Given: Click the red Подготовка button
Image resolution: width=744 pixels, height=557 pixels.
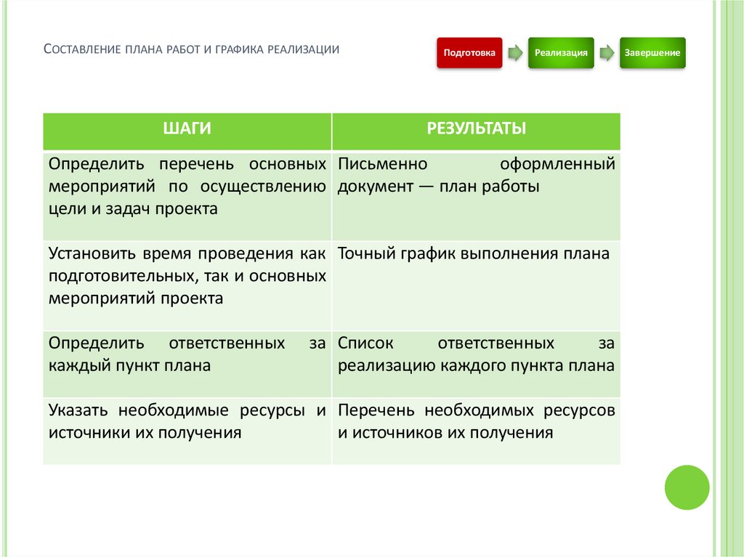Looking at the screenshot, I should pyautogui.click(x=469, y=53).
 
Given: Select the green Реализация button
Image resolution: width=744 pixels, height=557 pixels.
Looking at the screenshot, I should pyautogui.click(x=561, y=53).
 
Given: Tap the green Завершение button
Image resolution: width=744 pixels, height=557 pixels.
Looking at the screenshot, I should pyautogui.click(x=652, y=53).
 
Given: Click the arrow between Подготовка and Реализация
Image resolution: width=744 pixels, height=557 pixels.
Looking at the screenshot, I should pyautogui.click(x=515, y=53).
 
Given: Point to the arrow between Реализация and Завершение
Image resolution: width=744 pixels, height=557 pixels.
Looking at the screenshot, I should pyautogui.click(x=607, y=53).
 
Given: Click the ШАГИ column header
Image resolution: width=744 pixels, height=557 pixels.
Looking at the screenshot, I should pyautogui.click(x=187, y=129).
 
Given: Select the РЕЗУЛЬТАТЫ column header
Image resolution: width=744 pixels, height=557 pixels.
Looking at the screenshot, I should pyautogui.click(x=476, y=129).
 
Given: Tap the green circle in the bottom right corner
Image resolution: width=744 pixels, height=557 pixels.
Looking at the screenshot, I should pyautogui.click(x=687, y=487).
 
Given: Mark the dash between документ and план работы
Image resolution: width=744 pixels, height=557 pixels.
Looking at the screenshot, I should pyautogui.click(x=426, y=187).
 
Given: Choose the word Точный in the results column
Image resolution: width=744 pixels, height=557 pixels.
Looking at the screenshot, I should pyautogui.click(x=364, y=253).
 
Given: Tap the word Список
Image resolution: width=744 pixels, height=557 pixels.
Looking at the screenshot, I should pyautogui.click(x=366, y=343).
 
